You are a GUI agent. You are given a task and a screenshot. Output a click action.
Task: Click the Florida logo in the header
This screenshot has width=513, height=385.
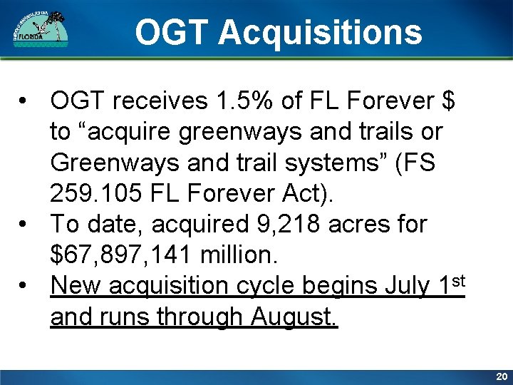[x=41, y=29]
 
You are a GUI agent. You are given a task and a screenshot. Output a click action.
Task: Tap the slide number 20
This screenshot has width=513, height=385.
[x=501, y=376]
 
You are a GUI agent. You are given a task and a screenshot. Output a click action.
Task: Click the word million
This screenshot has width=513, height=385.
[x=241, y=255]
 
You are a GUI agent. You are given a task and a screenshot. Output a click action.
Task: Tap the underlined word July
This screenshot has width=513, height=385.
[x=405, y=286]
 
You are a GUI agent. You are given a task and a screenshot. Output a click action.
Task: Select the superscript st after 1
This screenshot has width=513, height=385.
[x=457, y=280]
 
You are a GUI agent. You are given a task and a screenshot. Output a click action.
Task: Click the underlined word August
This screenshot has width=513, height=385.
[x=295, y=317]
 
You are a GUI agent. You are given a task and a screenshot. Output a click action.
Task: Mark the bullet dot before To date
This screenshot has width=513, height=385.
[x=25, y=225]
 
